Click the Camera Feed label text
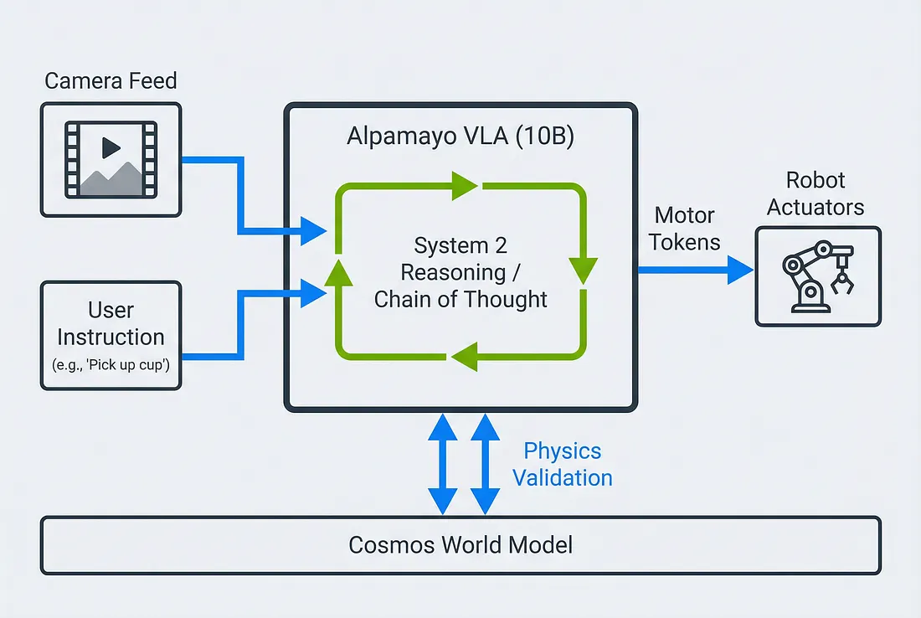[x=111, y=81]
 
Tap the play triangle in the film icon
[x=111, y=148]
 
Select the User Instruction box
[x=111, y=335]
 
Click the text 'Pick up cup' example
[x=111, y=367]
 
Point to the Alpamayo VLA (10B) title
[x=460, y=137]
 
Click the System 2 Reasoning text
[x=460, y=259]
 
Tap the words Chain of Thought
[x=460, y=299]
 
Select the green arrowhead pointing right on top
[x=465, y=186]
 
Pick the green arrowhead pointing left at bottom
[x=464, y=358]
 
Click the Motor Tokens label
[x=684, y=229]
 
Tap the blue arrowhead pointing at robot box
[x=740, y=270]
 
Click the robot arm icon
[x=817, y=276]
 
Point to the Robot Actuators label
[x=816, y=193]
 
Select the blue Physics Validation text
[x=562, y=464]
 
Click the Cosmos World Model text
[x=460, y=545]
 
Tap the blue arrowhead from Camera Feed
[x=314, y=229]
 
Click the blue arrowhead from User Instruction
[x=314, y=292]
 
